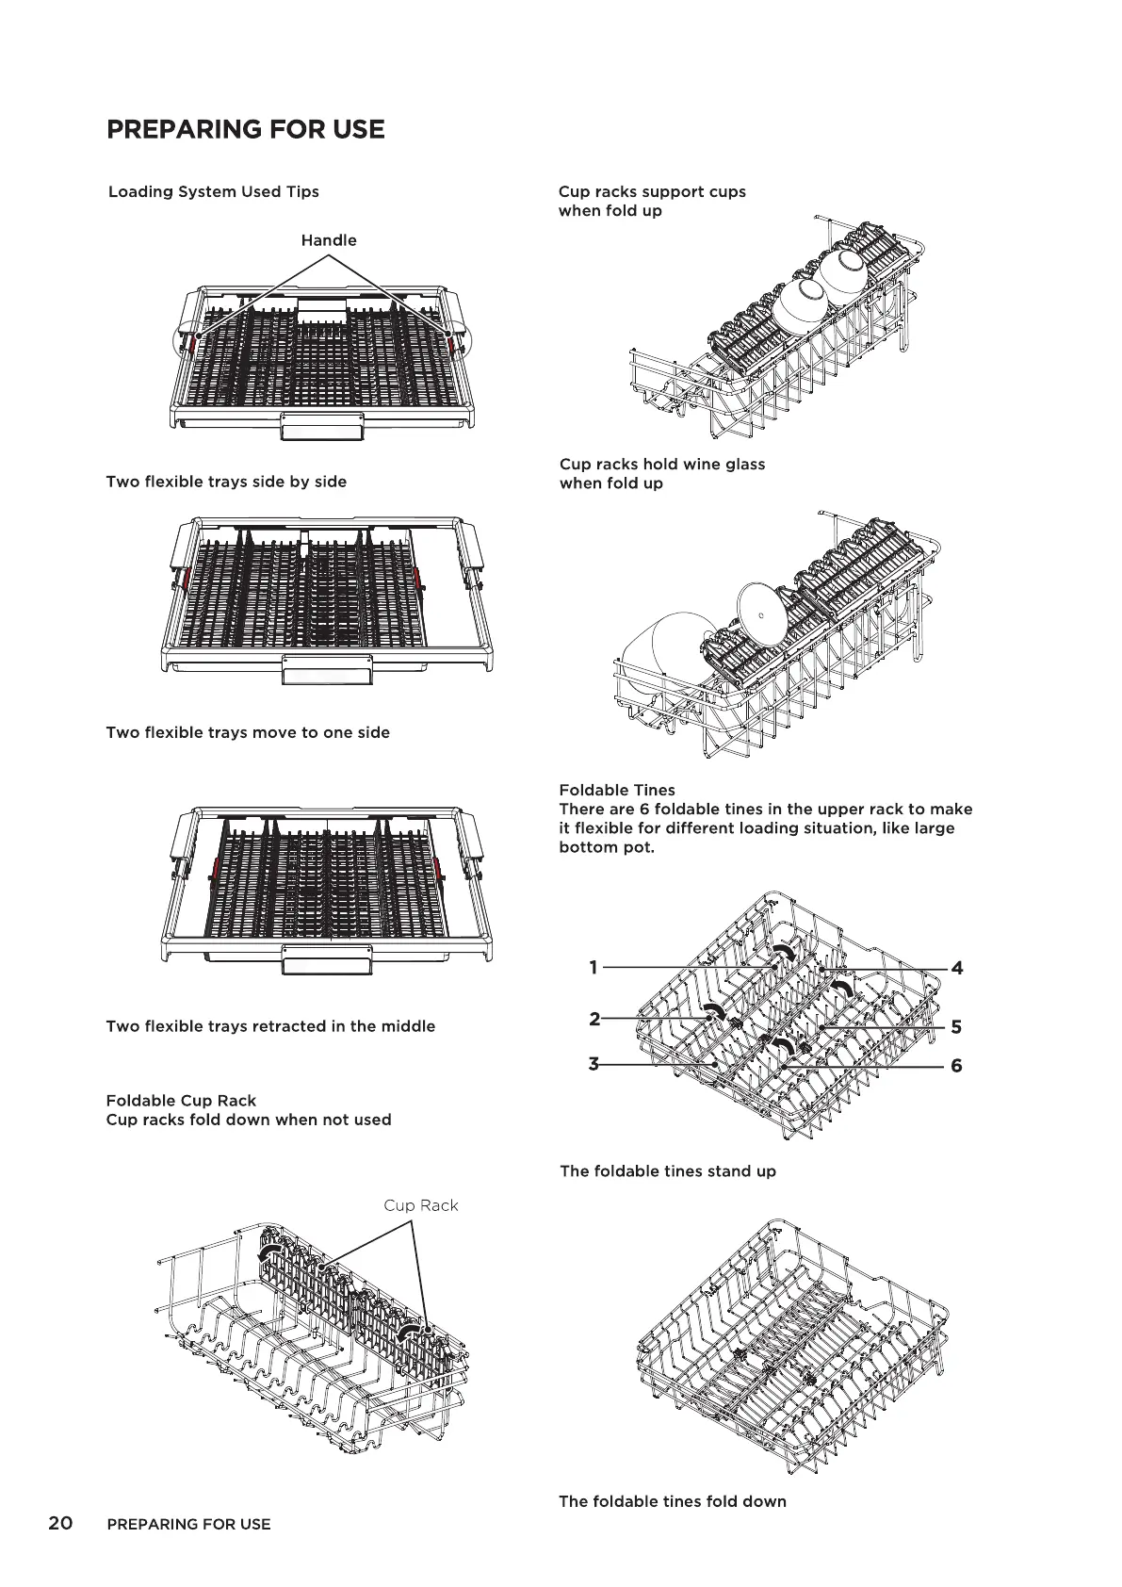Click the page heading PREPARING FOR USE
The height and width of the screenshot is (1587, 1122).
[246, 129]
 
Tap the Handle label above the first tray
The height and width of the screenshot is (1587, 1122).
[329, 240]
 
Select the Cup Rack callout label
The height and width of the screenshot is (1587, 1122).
[420, 1205]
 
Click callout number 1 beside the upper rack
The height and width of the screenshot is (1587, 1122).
[594, 967]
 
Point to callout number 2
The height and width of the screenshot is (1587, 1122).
[594, 1019]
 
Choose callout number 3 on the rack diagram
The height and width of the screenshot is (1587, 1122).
[594, 1064]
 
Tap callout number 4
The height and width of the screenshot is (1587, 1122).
[957, 968]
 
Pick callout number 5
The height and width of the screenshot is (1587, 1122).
[956, 1027]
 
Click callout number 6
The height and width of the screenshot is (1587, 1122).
[957, 1066]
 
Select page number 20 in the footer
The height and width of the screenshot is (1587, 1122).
[60, 1523]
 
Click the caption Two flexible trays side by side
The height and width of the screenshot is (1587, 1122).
[226, 482]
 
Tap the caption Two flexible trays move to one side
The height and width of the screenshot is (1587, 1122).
[248, 732]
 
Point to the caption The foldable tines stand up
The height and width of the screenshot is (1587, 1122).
[668, 1171]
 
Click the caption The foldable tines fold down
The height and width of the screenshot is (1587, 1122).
[673, 1501]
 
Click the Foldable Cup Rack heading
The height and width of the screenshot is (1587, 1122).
[181, 1101]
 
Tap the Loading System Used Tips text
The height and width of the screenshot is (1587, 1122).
[214, 191]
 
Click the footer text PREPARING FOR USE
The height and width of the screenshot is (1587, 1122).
[189, 1524]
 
